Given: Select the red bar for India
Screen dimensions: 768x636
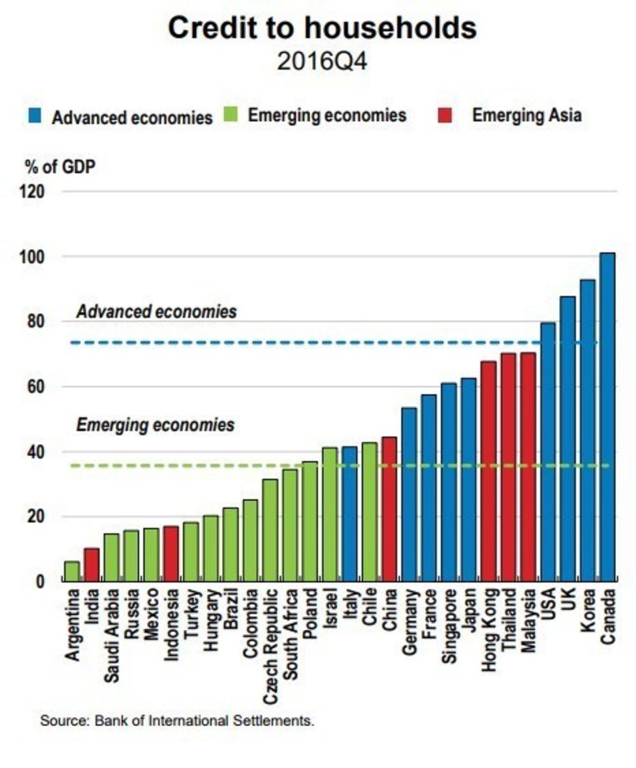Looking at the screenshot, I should [91, 564].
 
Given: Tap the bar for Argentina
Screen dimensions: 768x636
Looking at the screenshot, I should [72, 570].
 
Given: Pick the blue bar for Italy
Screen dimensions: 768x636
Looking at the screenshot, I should [349, 513].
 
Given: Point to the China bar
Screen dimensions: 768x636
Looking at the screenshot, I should [389, 508].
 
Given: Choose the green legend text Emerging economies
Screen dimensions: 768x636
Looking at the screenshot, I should [326, 116].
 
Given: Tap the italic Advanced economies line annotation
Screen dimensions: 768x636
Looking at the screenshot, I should [157, 312].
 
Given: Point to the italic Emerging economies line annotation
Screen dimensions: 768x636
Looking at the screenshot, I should [156, 425].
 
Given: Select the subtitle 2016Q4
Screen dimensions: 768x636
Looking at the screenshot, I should [322, 63].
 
